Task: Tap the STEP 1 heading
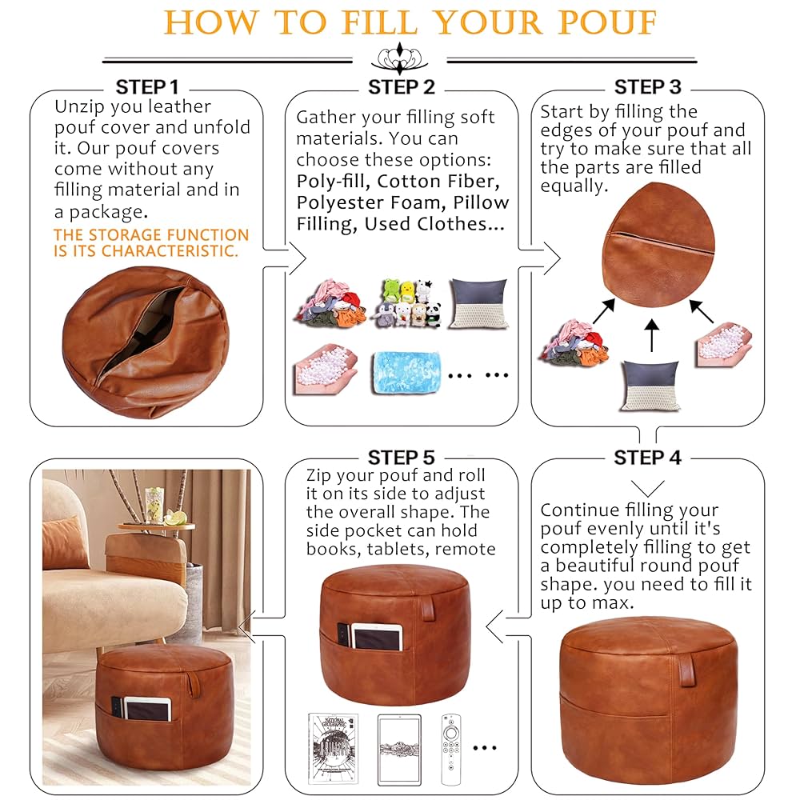(x=147, y=87)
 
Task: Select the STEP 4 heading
(x=647, y=458)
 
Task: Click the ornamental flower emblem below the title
(x=399, y=58)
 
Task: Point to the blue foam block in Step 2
(x=406, y=372)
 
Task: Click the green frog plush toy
(x=392, y=291)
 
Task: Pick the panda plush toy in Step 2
(x=433, y=314)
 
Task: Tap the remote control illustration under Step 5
(x=450, y=750)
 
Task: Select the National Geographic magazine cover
(x=333, y=749)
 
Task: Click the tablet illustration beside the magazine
(x=399, y=750)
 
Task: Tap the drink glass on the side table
(x=154, y=505)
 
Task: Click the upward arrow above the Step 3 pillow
(x=651, y=335)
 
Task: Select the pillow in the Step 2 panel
(x=478, y=303)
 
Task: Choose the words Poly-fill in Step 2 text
(x=331, y=182)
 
